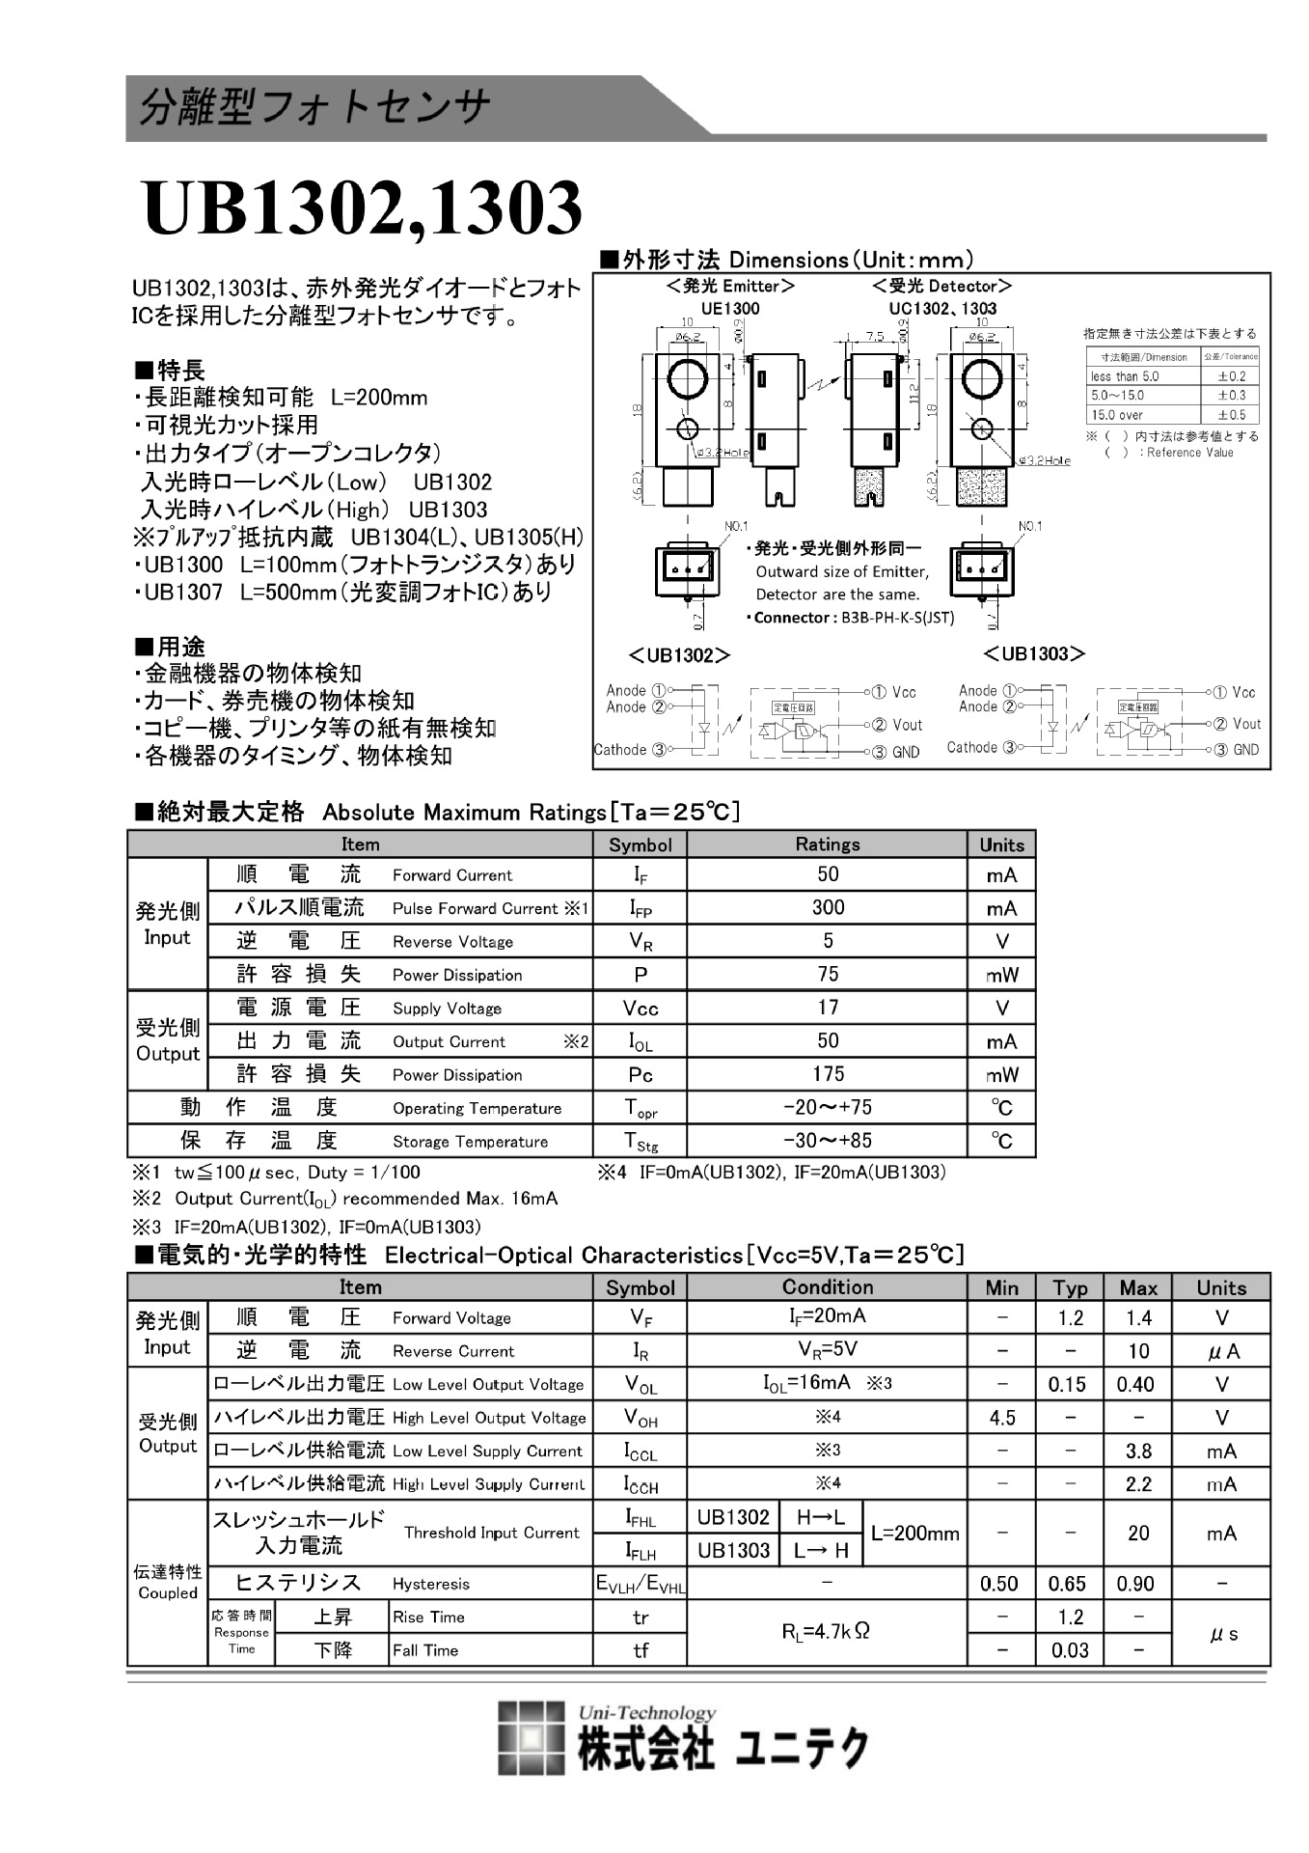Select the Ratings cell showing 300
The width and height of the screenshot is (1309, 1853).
point(827,907)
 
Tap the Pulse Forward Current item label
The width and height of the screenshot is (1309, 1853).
point(475,908)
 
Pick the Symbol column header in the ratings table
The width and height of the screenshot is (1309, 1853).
point(640,844)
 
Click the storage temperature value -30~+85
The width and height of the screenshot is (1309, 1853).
point(827,1140)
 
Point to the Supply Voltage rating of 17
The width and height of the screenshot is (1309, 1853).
point(827,1008)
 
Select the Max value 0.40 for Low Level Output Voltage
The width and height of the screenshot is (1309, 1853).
point(1135,1384)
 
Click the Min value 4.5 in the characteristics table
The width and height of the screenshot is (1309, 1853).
point(1001,1418)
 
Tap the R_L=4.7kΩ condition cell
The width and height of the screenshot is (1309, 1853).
point(826,1632)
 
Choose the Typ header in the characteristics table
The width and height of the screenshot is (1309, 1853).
point(1070,1287)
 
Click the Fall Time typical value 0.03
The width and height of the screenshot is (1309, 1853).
point(1070,1649)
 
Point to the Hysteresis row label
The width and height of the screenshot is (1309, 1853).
point(430,1584)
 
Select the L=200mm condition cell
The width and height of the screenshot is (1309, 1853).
point(914,1534)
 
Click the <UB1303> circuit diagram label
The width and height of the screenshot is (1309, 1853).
point(1034,654)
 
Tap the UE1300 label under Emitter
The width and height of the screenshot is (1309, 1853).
point(730,309)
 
